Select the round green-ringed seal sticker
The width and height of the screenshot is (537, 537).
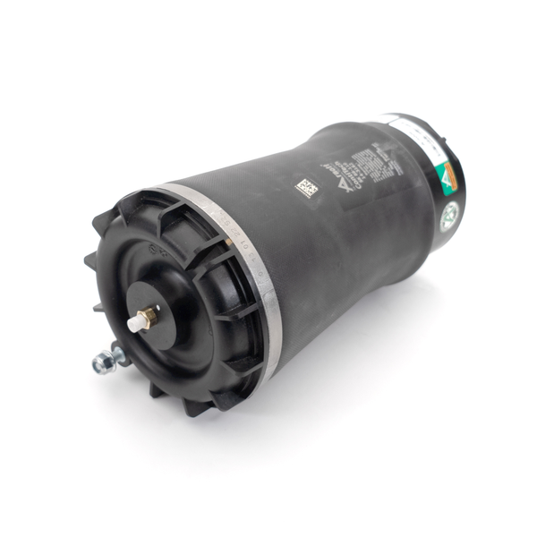449,214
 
